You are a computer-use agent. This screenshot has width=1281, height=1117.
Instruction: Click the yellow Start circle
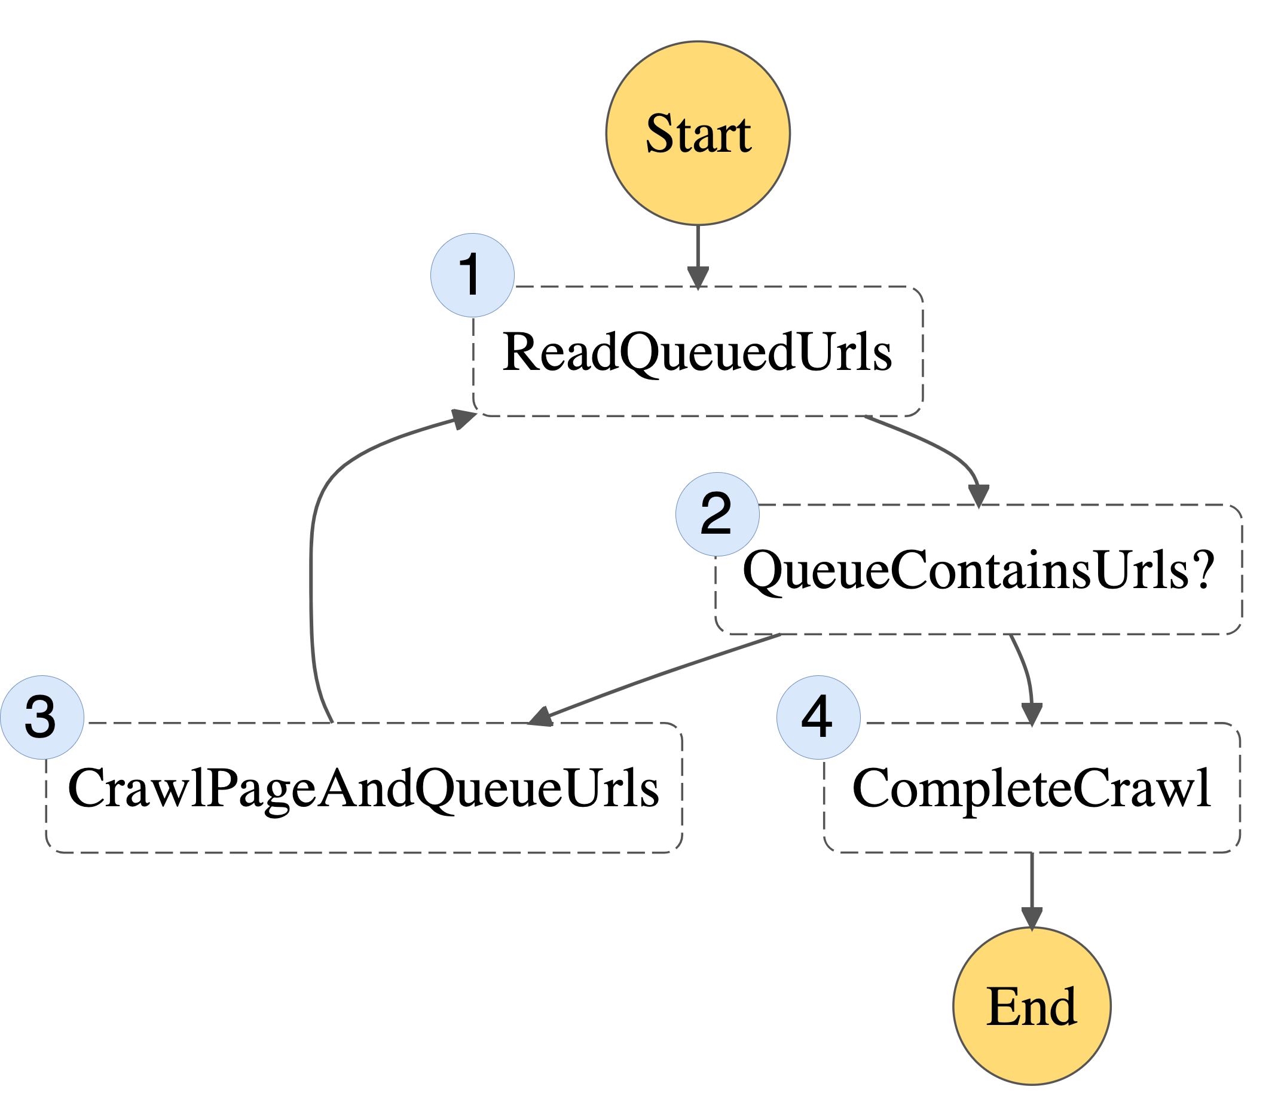click(x=698, y=133)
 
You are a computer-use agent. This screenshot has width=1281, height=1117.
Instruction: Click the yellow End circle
click(x=1032, y=1006)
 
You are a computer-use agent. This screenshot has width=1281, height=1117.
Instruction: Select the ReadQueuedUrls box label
click(x=697, y=352)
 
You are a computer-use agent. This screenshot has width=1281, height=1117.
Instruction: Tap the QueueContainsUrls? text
click(x=979, y=570)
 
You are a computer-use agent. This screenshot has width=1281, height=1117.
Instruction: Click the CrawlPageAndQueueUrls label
click(x=363, y=788)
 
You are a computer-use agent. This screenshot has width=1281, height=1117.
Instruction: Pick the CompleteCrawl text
click(x=1032, y=788)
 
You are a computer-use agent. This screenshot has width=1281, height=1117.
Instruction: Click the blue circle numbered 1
click(x=472, y=275)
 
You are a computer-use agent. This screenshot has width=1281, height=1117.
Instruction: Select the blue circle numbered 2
click(x=717, y=514)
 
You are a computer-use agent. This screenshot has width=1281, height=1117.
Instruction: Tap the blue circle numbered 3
click(x=42, y=717)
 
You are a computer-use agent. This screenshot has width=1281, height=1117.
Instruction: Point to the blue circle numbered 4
click(x=818, y=717)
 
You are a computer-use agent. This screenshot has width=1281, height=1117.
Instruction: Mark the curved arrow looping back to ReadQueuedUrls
click(x=311, y=561)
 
